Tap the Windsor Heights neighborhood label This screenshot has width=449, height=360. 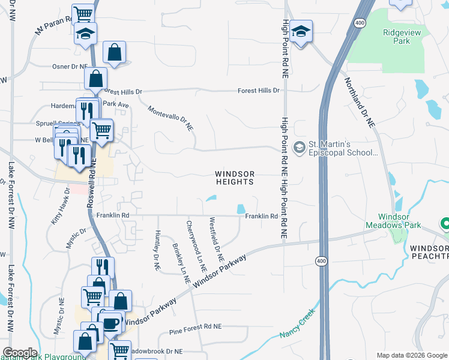tap(235, 178)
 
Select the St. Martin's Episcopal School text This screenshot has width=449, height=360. tap(343, 148)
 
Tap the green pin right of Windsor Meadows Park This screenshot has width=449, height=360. tap(445, 224)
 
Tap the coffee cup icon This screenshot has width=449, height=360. tap(110, 323)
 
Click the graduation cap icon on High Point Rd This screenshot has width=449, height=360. tap(301, 32)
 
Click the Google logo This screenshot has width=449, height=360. tap(20, 353)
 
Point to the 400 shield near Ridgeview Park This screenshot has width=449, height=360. tap(360, 23)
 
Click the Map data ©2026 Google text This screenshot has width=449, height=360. tap(411, 355)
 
